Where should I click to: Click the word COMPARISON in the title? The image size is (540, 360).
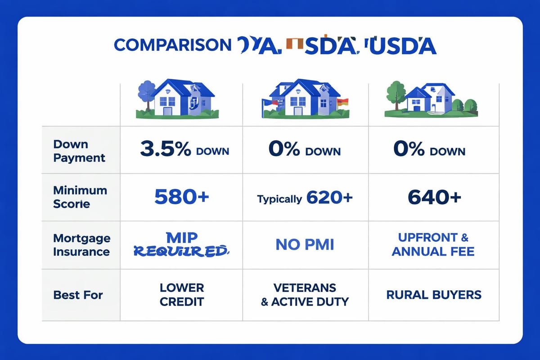172,45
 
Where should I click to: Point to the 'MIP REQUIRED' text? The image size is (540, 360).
180,244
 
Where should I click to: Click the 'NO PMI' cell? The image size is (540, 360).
305,244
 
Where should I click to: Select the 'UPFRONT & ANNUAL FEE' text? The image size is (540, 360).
433,244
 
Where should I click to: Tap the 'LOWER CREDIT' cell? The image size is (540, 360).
182,294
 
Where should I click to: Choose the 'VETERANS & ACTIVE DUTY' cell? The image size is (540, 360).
305,294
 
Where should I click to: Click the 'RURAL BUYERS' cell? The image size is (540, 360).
433,295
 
